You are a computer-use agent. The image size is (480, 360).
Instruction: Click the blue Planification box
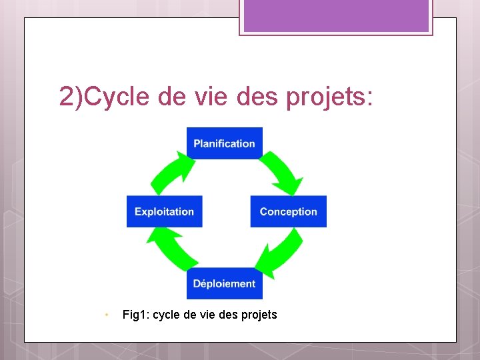[x=224, y=143]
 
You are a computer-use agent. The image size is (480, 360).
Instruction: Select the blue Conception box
[x=288, y=211]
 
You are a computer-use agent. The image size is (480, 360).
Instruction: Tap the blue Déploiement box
[x=224, y=283]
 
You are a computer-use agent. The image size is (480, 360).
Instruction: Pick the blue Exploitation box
[x=164, y=211]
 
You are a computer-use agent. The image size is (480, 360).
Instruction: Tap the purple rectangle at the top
[x=335, y=15]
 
